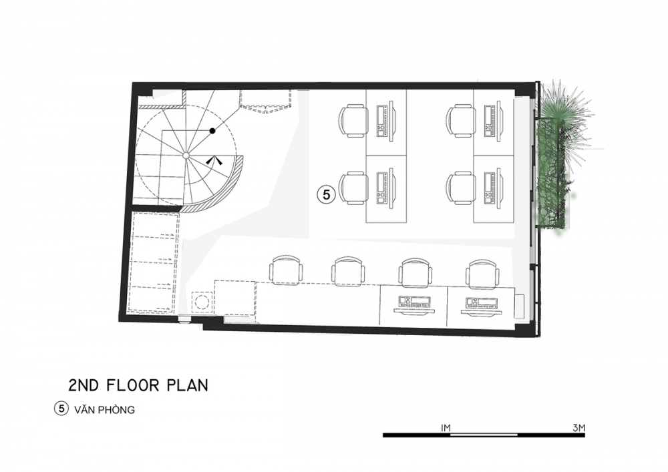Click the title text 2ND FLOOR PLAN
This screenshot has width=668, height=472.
coord(138,385)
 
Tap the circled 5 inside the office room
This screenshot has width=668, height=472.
coord(327,194)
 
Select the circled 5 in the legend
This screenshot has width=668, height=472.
coord(61,409)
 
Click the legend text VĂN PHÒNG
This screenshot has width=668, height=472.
coord(104,410)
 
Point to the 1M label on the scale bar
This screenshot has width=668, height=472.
coord(445,428)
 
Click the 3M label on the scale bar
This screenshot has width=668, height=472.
coord(579,428)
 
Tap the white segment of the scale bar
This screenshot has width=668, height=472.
coord(484,435)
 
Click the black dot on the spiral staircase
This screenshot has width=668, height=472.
coord(212,131)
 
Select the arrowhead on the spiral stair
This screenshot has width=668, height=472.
coord(214,160)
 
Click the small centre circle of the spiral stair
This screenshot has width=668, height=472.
coord(186,156)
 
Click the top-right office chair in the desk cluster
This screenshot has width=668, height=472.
coord(460,121)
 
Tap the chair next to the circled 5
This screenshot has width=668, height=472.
coord(355,188)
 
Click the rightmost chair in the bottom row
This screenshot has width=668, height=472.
coord(484,272)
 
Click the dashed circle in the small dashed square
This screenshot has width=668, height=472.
coord(202,302)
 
